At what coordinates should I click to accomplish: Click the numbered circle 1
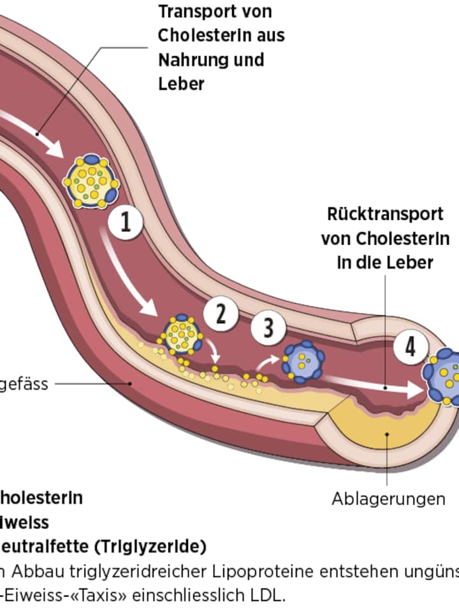click(x=125, y=223)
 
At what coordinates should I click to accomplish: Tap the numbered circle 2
click(x=221, y=314)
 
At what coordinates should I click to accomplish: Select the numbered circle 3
click(x=268, y=328)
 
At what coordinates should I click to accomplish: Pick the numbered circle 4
click(x=410, y=347)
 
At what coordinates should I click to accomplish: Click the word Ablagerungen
click(x=388, y=499)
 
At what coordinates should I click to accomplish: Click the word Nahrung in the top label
click(x=190, y=60)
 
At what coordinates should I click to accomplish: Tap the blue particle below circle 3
click(x=303, y=361)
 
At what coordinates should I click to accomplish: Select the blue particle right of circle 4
click(x=446, y=376)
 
